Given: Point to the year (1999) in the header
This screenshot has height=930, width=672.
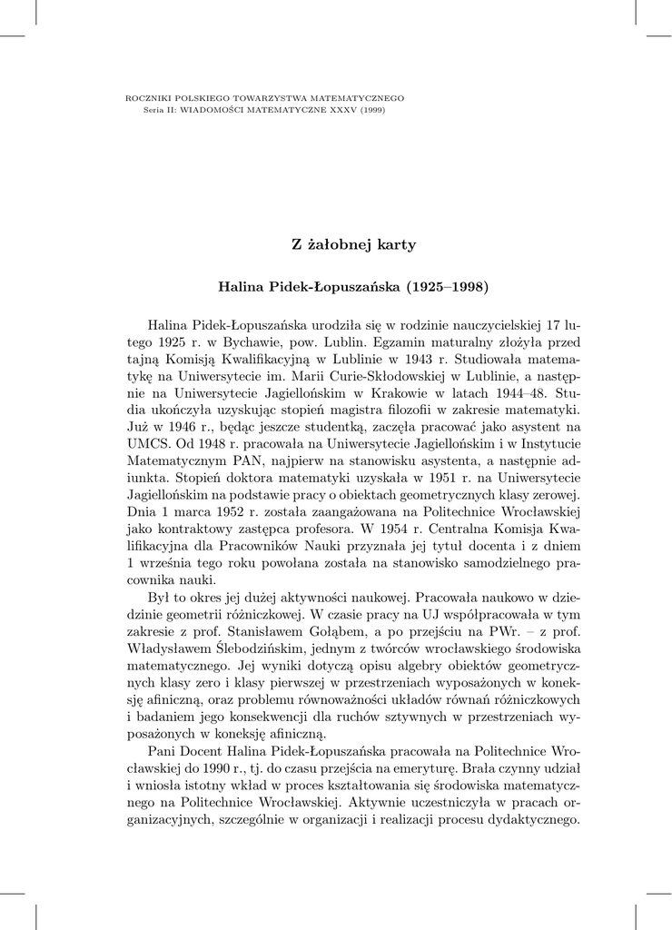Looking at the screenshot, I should tap(372, 109).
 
